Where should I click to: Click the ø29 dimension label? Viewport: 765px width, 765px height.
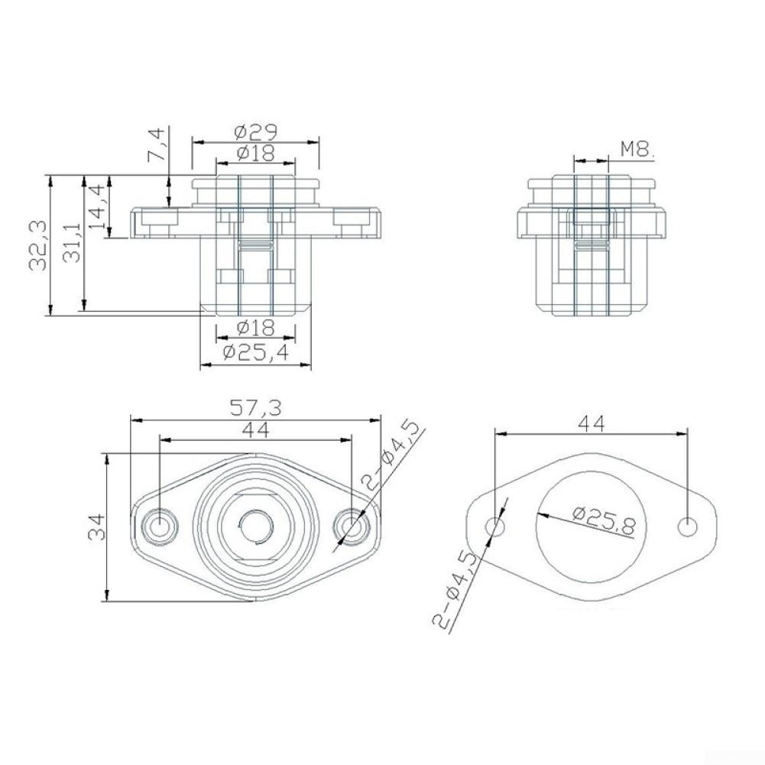click(x=255, y=131)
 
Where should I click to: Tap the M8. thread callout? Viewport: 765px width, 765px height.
click(x=637, y=150)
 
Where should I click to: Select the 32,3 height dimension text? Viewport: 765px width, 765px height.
click(x=38, y=246)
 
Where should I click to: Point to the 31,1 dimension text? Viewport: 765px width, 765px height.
click(x=73, y=243)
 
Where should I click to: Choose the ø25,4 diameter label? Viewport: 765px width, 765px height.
click(x=255, y=352)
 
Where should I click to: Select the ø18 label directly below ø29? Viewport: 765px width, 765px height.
click(x=255, y=153)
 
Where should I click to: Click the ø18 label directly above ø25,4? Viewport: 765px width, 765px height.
click(x=255, y=329)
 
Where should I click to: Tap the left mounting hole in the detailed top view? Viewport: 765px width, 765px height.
click(x=160, y=527)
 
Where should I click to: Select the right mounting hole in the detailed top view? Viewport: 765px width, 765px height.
click(x=351, y=527)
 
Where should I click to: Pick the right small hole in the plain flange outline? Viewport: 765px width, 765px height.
click(x=688, y=527)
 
